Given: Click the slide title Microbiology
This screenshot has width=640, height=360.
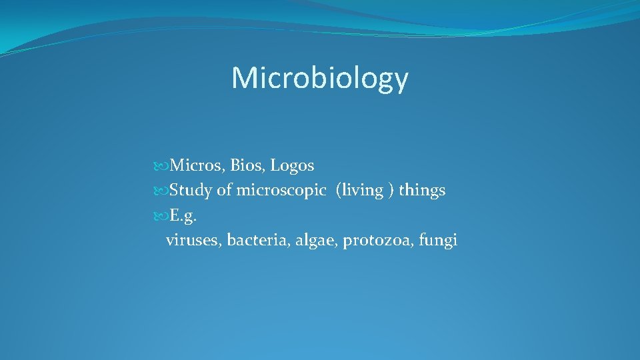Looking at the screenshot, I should point(319,79).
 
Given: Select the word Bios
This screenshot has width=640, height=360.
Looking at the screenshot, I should point(247,165).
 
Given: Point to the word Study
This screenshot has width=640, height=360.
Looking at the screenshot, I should point(191,191).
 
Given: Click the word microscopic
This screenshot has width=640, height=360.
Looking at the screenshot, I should point(280,191).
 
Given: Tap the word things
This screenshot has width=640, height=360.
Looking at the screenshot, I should point(422,191).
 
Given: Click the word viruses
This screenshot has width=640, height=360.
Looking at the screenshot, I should point(193,241).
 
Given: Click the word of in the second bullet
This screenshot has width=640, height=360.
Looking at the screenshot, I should point(224,191).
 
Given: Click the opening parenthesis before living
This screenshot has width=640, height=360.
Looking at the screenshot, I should point(339,191).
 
